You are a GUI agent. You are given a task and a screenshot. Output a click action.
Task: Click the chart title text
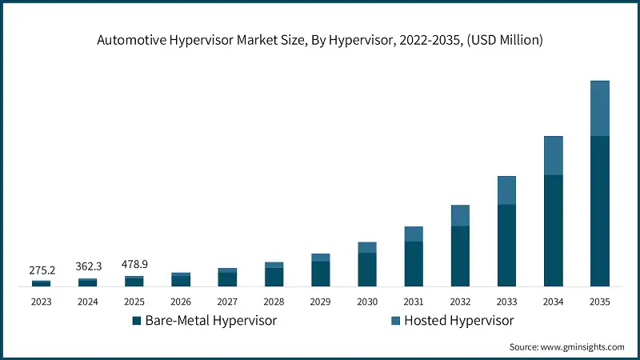[319, 41]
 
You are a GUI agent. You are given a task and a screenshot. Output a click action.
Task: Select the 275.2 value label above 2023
[42, 270]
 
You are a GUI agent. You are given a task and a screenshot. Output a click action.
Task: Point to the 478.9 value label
[134, 265]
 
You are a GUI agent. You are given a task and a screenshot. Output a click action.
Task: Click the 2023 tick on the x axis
[42, 302]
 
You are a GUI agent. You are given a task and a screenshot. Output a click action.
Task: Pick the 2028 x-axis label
[274, 302]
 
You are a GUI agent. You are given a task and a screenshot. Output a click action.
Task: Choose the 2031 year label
[413, 302]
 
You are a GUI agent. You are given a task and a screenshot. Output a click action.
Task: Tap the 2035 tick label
[599, 302]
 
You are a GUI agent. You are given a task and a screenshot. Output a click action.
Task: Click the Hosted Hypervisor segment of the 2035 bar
[599, 108]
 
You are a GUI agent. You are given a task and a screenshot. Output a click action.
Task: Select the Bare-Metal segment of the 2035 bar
[599, 211]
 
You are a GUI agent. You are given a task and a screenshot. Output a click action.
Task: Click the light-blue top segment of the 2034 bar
[553, 155]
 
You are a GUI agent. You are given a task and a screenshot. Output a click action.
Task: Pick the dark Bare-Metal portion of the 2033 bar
[506, 246]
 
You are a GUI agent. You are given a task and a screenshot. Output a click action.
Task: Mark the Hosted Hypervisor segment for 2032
[460, 215]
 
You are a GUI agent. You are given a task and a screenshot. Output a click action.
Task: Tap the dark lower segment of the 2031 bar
[413, 264]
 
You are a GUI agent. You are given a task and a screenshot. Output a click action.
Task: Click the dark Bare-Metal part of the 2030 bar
[366, 270]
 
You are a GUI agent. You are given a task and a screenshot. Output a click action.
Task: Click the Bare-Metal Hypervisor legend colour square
[137, 321]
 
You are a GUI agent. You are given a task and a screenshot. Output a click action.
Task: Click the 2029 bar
[320, 270]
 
